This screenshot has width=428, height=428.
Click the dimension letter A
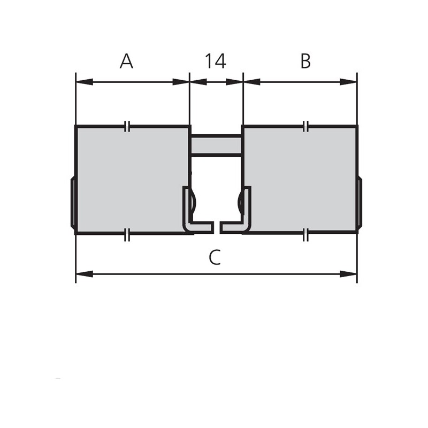(x=126, y=61)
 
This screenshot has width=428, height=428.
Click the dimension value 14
(x=216, y=61)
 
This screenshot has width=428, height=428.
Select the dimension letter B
(x=305, y=61)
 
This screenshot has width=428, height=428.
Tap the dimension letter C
(x=215, y=257)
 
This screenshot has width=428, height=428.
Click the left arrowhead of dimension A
(x=85, y=82)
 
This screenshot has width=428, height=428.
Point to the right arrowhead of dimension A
(x=180, y=82)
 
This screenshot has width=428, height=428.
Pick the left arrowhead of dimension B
(x=251, y=82)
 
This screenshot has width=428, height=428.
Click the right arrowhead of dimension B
(x=348, y=82)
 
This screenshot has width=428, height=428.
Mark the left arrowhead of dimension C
(x=85, y=274)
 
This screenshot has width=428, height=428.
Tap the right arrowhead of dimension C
(x=348, y=274)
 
